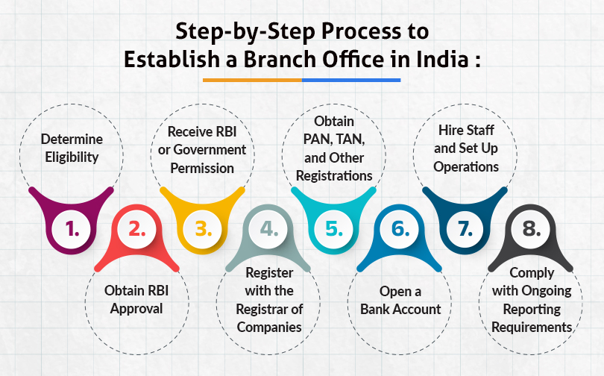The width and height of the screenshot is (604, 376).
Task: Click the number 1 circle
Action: tap(72, 229)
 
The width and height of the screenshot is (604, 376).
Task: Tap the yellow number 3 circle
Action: tap(204, 229)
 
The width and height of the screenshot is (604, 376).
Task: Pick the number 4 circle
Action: tap(268, 229)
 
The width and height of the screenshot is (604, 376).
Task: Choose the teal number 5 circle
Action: tap(334, 229)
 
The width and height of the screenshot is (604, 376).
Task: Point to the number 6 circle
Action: tap(400, 229)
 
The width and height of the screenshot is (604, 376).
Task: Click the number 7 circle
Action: tap(465, 229)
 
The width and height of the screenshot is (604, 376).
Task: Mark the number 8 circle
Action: tap(531, 229)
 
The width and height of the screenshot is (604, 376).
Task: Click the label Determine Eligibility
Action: tap(72, 148)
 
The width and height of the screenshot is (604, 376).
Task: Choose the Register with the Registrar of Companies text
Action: tap(269, 308)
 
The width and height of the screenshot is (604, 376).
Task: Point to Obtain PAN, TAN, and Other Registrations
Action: tap(333, 148)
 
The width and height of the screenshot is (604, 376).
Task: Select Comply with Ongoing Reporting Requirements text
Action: tap(532, 308)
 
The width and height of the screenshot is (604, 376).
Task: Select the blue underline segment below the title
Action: tap(351, 79)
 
